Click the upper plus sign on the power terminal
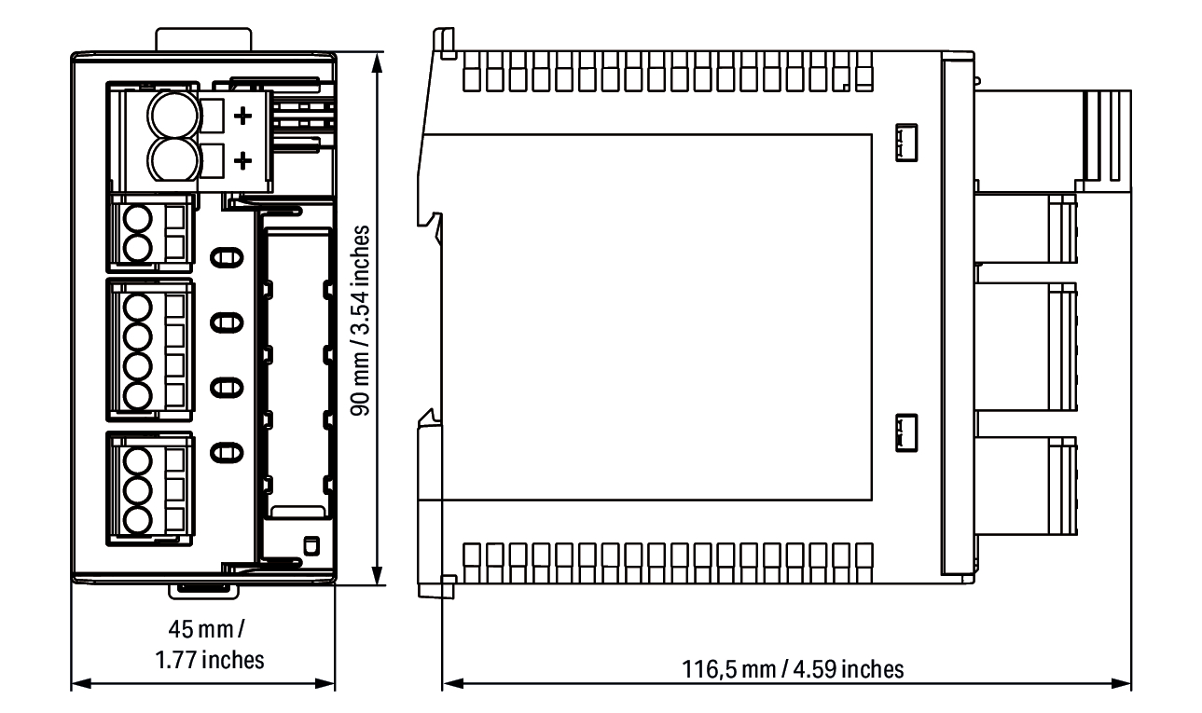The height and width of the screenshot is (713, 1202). pos(243,116)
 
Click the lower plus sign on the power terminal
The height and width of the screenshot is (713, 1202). pos(243,160)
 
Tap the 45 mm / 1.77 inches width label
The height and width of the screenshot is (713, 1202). pos(209,644)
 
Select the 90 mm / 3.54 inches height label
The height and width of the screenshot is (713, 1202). pos(360,321)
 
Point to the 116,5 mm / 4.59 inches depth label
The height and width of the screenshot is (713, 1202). pos(793,669)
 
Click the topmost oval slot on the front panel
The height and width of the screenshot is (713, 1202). pos(227,258)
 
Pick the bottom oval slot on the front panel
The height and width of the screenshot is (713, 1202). pos(227,452)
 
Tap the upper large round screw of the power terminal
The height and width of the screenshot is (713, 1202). pos(173,115)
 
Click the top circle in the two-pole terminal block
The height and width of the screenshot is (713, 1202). pos(137,220)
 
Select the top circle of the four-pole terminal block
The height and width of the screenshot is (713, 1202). pos(137,308)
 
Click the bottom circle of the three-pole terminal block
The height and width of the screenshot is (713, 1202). pos(137,520)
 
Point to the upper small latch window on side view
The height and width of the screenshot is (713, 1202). pos(906,143)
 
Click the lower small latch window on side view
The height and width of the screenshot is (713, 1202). pos(906,433)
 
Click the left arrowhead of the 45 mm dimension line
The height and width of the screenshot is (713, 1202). pos(81,683)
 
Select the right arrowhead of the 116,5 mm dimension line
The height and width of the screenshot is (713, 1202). pos(1121,683)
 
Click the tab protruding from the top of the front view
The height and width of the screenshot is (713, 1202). pos(203,40)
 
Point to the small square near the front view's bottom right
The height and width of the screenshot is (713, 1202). pos(311,546)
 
